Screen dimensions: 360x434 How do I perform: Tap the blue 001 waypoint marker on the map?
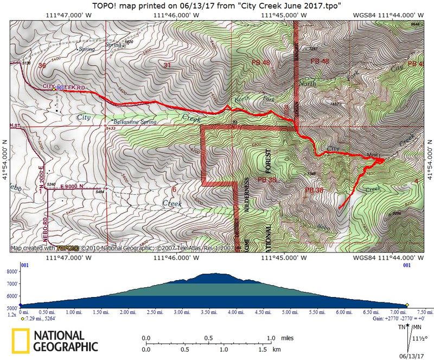60,87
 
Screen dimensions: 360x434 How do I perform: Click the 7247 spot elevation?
314,49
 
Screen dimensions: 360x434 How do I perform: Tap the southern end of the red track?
339,207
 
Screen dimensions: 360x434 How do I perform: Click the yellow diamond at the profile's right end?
407,305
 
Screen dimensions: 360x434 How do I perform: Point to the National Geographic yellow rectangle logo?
21,340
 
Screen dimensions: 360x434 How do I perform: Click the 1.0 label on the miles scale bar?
271,338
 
